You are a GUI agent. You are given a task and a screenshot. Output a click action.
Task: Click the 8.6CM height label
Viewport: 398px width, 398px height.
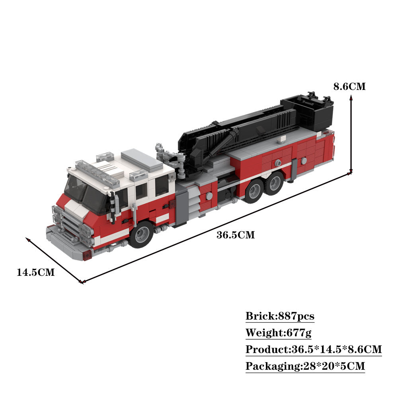tap(349, 86)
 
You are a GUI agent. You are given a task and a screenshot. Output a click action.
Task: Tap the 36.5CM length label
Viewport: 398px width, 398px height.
tap(235, 235)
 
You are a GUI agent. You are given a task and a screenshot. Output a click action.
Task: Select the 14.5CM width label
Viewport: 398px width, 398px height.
tap(35, 273)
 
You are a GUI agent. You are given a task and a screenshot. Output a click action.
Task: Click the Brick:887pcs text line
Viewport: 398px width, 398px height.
tap(280, 316)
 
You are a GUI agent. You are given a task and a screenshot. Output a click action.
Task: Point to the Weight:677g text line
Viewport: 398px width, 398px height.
tap(278, 333)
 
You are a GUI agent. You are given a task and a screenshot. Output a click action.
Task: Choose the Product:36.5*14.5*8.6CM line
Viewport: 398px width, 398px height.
tap(314, 349)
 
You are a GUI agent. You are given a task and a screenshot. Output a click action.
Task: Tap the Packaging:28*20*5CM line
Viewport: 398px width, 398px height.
tap(305, 366)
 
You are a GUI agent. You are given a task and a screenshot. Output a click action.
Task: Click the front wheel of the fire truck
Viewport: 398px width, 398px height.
tap(141, 235)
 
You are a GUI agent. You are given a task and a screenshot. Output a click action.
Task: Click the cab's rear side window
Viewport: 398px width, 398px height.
tap(162, 185)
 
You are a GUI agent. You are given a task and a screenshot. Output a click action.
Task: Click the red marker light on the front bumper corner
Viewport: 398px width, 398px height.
tap(87, 256)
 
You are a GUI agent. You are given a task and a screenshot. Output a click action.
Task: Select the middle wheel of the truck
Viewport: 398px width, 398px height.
tap(253, 191)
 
